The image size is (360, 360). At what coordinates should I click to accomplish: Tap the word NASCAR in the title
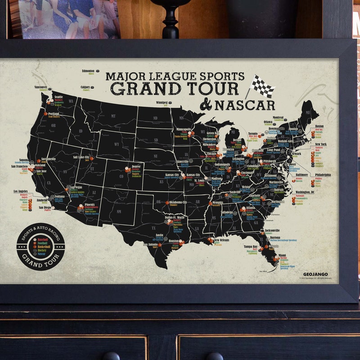244,105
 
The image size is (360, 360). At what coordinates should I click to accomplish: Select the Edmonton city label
88,71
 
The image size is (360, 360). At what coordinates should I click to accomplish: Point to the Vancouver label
40,87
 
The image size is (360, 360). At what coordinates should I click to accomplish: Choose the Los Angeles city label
23,191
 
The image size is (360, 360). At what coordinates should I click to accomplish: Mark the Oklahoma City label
178,202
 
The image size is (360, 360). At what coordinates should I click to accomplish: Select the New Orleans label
221,240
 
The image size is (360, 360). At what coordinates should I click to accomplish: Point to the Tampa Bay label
251,247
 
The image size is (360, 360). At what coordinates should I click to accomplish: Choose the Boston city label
319,126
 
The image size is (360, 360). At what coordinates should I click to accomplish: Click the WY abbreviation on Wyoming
116,145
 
